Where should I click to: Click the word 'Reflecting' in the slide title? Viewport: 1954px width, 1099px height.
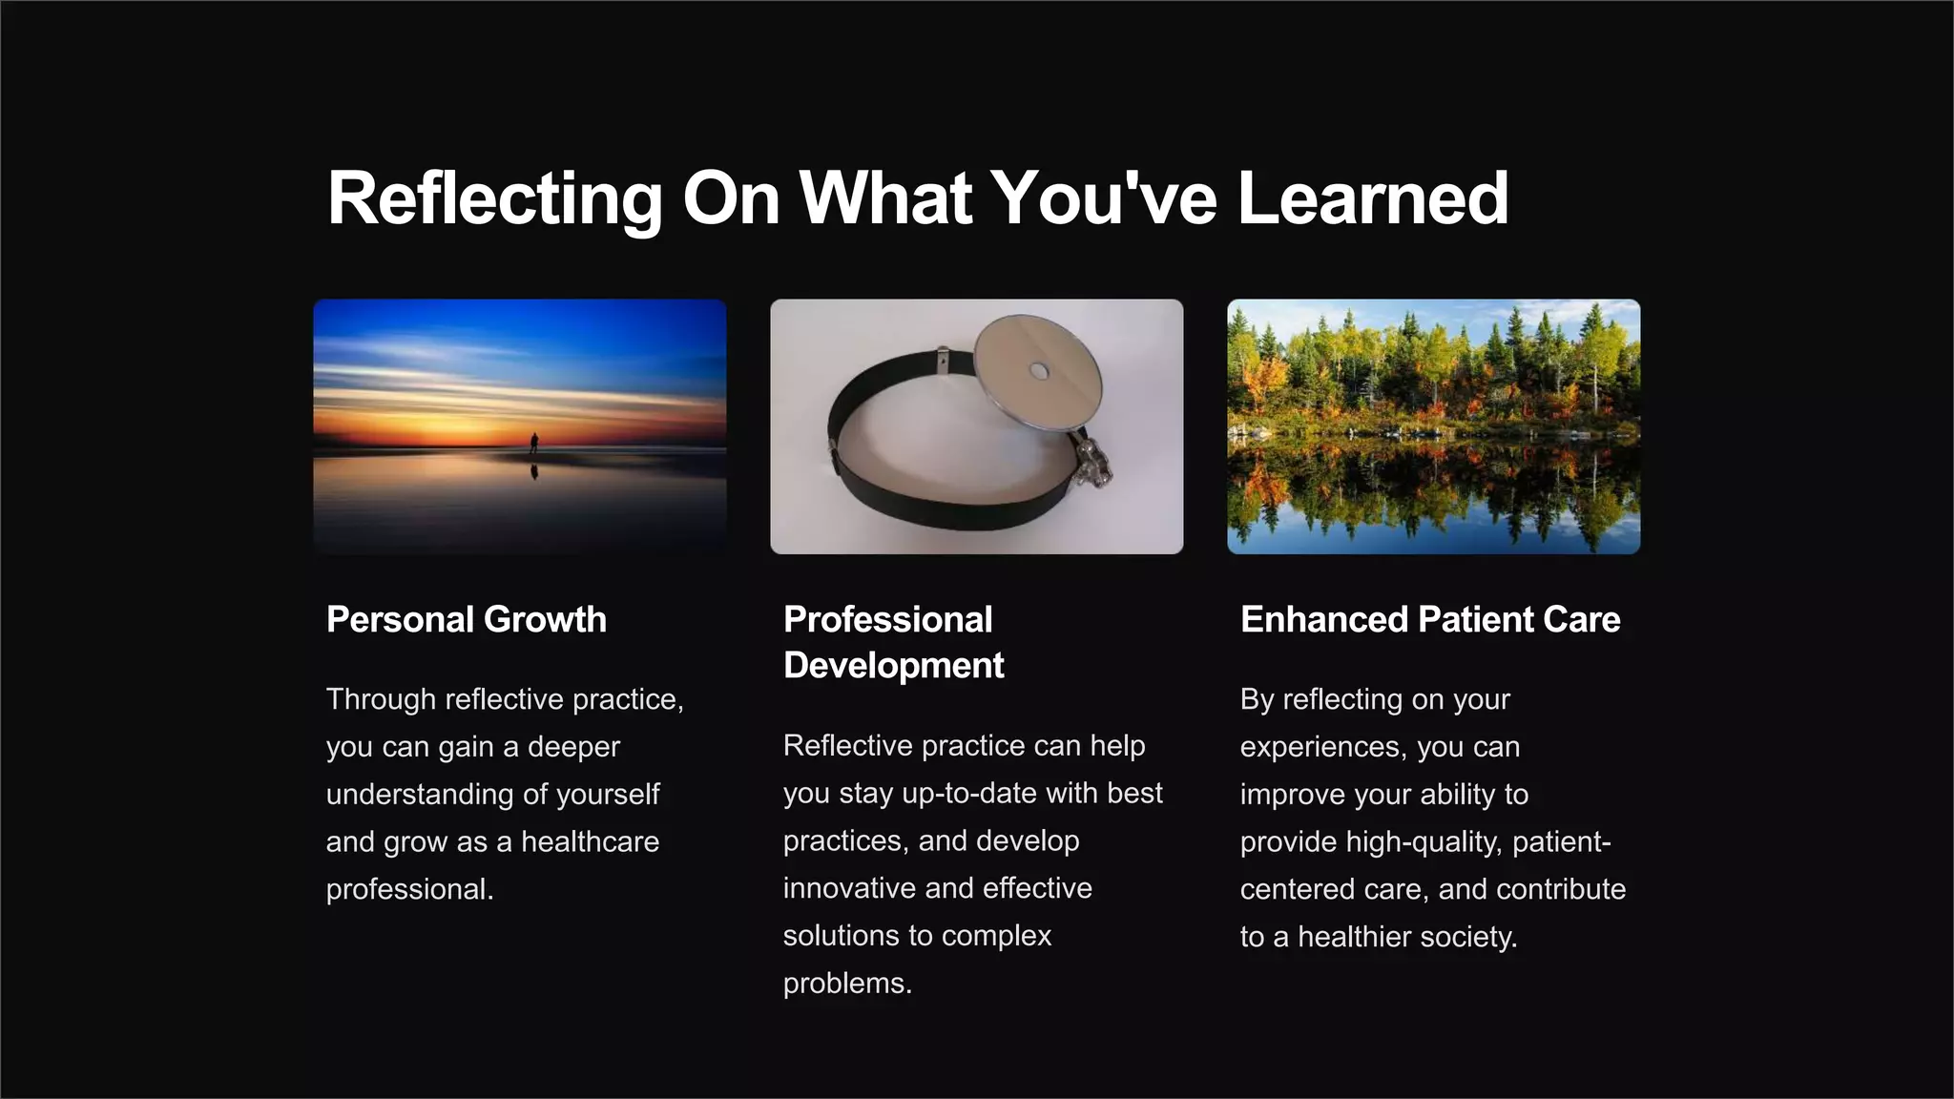pyautogui.click(x=494, y=198)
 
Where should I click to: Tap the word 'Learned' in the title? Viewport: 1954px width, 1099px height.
pyautogui.click(x=1373, y=198)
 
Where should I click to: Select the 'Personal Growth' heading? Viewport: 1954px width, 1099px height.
pyautogui.click(x=466, y=619)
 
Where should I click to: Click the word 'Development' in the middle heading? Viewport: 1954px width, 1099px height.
pyautogui.click(x=893, y=665)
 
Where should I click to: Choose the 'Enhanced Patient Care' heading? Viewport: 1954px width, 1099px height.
pyautogui.click(x=1429, y=619)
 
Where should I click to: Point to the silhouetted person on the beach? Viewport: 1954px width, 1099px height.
pyautogui.click(x=534, y=443)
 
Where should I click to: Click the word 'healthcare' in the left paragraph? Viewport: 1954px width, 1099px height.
pyautogui.click(x=590, y=841)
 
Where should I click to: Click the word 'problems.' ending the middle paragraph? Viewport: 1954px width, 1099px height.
pyautogui.click(x=847, y=984)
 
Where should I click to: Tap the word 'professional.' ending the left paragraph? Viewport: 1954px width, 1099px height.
pyautogui.click(x=409, y=889)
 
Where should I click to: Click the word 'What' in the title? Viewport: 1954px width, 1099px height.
pyautogui.click(x=886, y=198)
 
